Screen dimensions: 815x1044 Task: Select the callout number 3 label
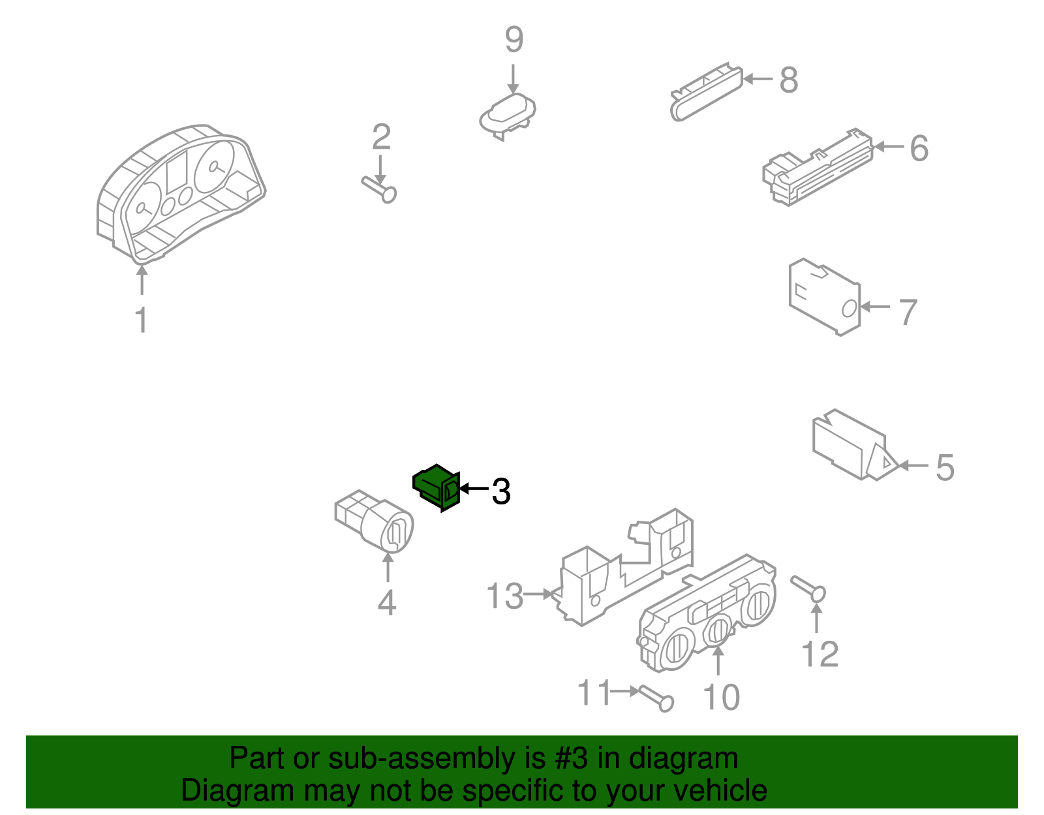500,491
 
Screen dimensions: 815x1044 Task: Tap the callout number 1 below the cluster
141,320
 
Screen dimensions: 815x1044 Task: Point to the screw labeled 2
380,188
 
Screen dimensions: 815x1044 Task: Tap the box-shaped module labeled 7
823,297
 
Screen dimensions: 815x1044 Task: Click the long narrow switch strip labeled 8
706,93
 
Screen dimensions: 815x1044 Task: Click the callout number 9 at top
514,40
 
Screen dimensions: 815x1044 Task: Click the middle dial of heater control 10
718,631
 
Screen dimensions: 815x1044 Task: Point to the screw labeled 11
656,698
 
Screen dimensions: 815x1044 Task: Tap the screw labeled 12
809,587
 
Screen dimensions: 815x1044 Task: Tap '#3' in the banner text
571,759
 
